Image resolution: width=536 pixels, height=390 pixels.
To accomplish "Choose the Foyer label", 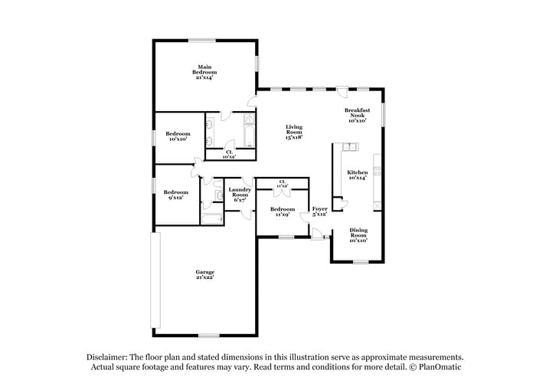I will click(x=320, y=208).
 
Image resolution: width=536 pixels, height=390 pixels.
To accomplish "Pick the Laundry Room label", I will click(x=240, y=192).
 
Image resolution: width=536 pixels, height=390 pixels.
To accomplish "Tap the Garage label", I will click(x=204, y=272).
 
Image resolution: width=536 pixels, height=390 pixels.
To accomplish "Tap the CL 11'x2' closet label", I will click(x=283, y=183).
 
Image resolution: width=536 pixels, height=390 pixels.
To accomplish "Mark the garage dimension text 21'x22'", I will click(x=204, y=277).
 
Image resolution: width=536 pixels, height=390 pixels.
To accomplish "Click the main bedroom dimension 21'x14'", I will click(x=204, y=77).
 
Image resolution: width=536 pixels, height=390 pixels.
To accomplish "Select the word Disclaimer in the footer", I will click(x=108, y=358).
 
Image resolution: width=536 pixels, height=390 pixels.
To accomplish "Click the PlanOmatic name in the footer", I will click(x=440, y=368).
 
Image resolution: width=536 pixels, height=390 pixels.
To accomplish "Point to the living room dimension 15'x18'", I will click(x=294, y=137).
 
